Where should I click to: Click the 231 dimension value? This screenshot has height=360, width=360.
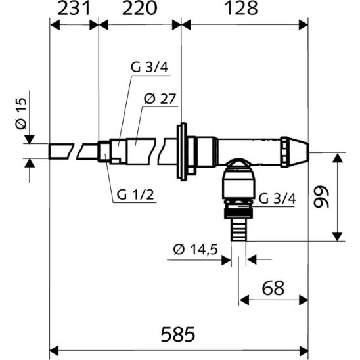tap(73, 9)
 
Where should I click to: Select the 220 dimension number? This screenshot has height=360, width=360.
tap(139, 9)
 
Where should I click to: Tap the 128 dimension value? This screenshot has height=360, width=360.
tap(241, 9)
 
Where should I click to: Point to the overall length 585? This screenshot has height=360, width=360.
tap(178, 334)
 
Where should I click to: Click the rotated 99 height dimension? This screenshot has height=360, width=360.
tap(321, 197)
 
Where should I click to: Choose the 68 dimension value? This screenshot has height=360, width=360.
tap(273, 288)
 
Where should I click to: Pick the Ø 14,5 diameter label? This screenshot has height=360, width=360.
tap(195, 250)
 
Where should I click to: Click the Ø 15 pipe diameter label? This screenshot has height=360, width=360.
tap(21, 114)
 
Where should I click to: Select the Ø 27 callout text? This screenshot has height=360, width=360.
tap(160, 99)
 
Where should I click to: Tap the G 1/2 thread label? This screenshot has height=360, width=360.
tap(135, 195)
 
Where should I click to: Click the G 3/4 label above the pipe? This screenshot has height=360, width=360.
tap(150, 67)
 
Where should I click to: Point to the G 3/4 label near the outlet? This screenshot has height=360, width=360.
tap(277, 198)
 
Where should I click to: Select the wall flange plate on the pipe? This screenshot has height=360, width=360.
tap(181, 152)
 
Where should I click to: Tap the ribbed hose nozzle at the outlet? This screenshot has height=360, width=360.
tap(238, 229)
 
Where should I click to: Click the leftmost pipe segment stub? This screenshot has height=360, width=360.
tap(61, 151)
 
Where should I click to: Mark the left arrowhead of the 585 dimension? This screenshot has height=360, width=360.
tap(55, 351)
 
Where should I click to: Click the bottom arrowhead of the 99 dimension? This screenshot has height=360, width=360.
tap(337, 236)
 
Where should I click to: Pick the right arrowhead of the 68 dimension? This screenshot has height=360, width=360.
tap(304, 300)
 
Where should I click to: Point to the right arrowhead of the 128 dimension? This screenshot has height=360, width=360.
tap(304, 25)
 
